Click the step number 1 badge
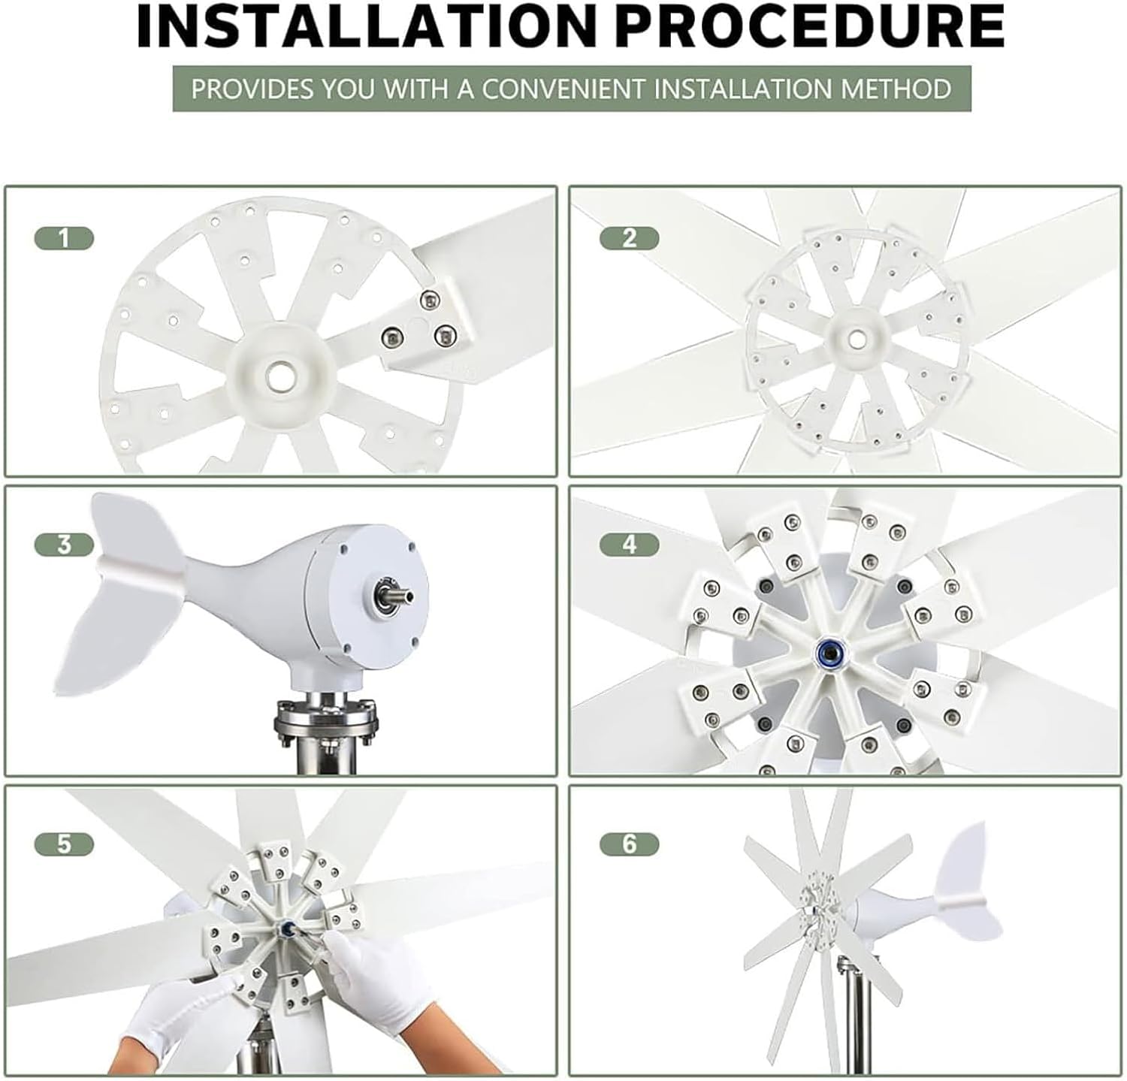point(64,239)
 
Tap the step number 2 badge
point(629,239)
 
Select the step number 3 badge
point(64,544)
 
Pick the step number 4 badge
point(629,544)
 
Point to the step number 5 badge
point(64,844)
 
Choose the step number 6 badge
point(629,844)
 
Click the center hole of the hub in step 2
point(855,340)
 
